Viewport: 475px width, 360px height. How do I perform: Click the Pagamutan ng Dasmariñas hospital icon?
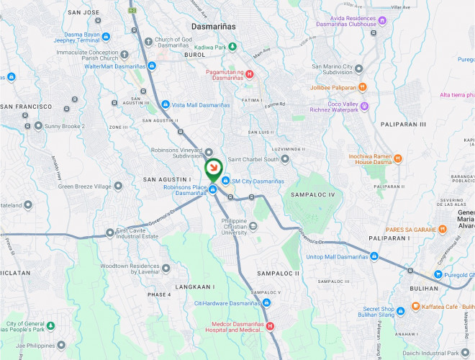click(x=250, y=73)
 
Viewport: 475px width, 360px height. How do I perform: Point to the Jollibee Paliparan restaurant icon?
click(x=362, y=87)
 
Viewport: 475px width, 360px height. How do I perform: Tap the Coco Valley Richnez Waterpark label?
click(x=333, y=107)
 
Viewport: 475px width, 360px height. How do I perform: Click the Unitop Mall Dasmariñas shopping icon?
click(x=374, y=256)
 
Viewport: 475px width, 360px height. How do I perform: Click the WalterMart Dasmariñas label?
click(x=115, y=66)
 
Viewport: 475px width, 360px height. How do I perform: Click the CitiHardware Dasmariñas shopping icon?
click(x=267, y=303)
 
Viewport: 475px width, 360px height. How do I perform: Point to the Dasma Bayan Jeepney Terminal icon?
click(x=106, y=37)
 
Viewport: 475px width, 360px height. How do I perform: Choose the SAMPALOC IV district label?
click(x=312, y=194)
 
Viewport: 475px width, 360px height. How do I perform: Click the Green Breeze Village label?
click(x=85, y=186)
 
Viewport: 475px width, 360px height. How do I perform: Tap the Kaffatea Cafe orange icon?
click(x=416, y=307)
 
